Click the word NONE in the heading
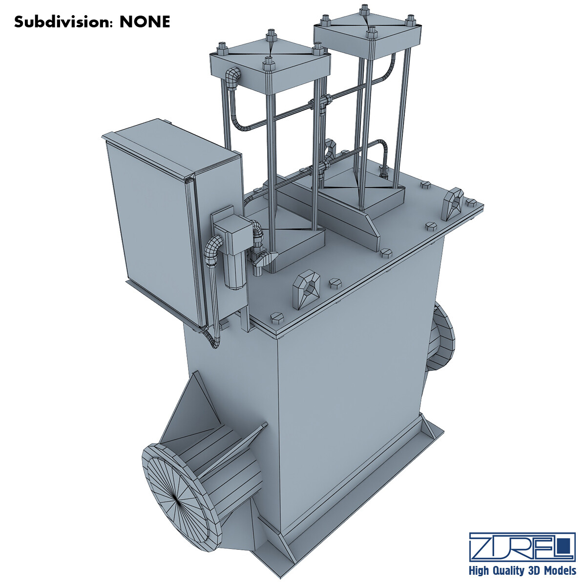coord(145,22)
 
